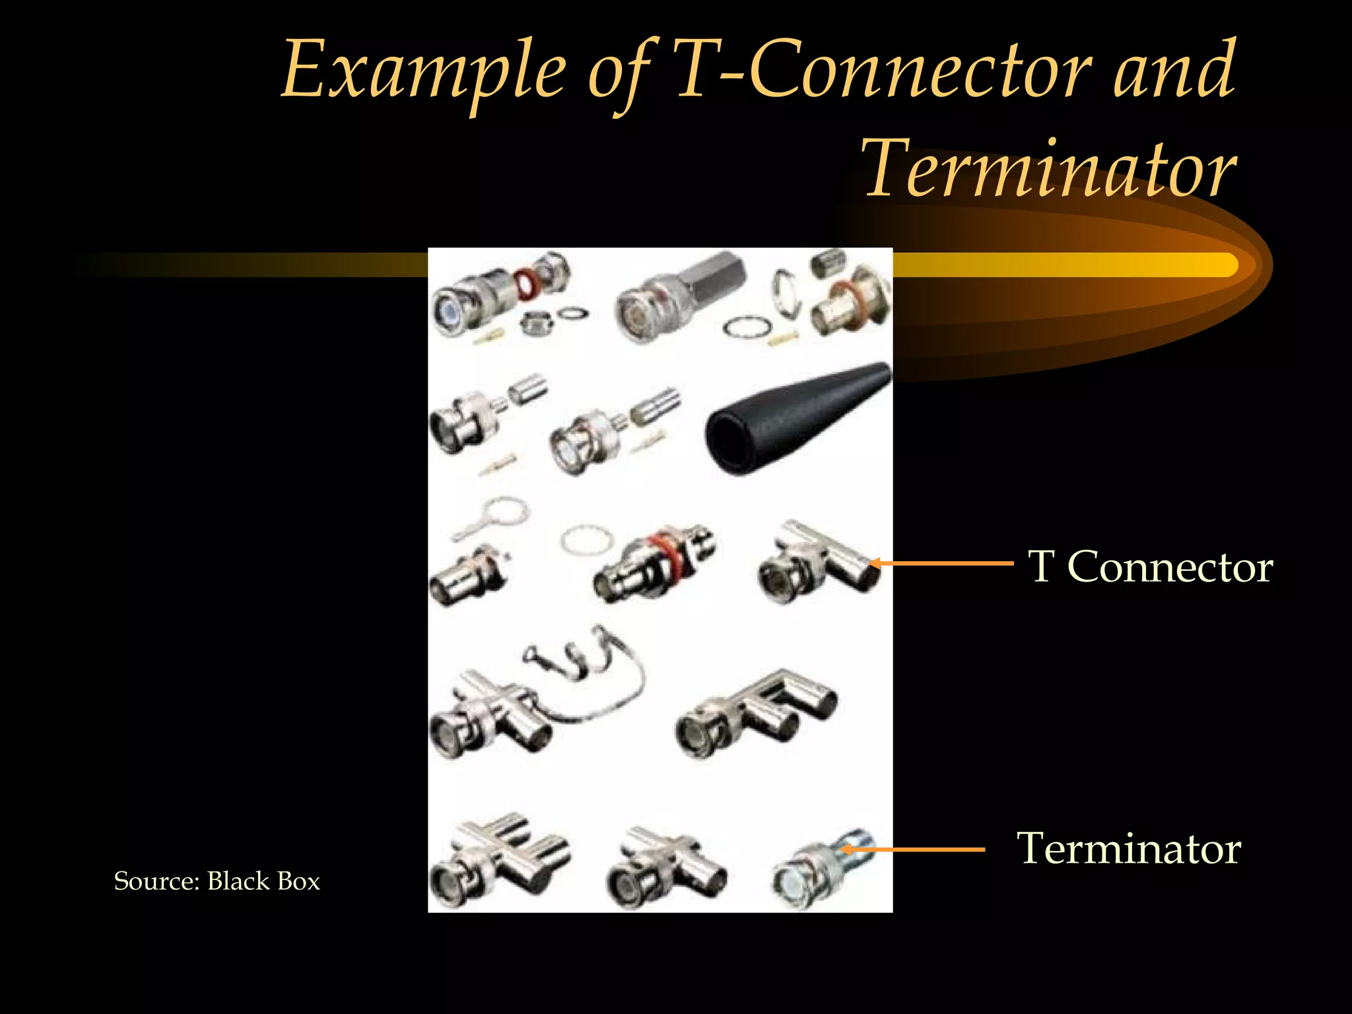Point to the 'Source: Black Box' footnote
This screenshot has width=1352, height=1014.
pos(217,881)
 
